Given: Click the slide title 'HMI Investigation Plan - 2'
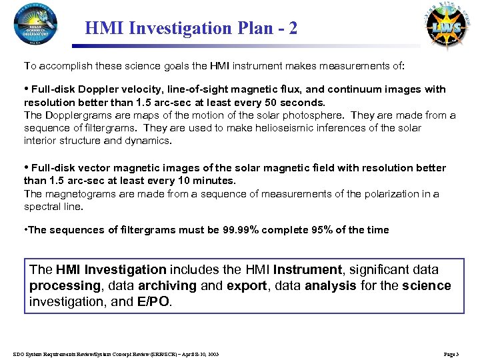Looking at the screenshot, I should coord(192,29).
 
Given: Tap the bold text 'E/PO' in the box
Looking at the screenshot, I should coord(153,301).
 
